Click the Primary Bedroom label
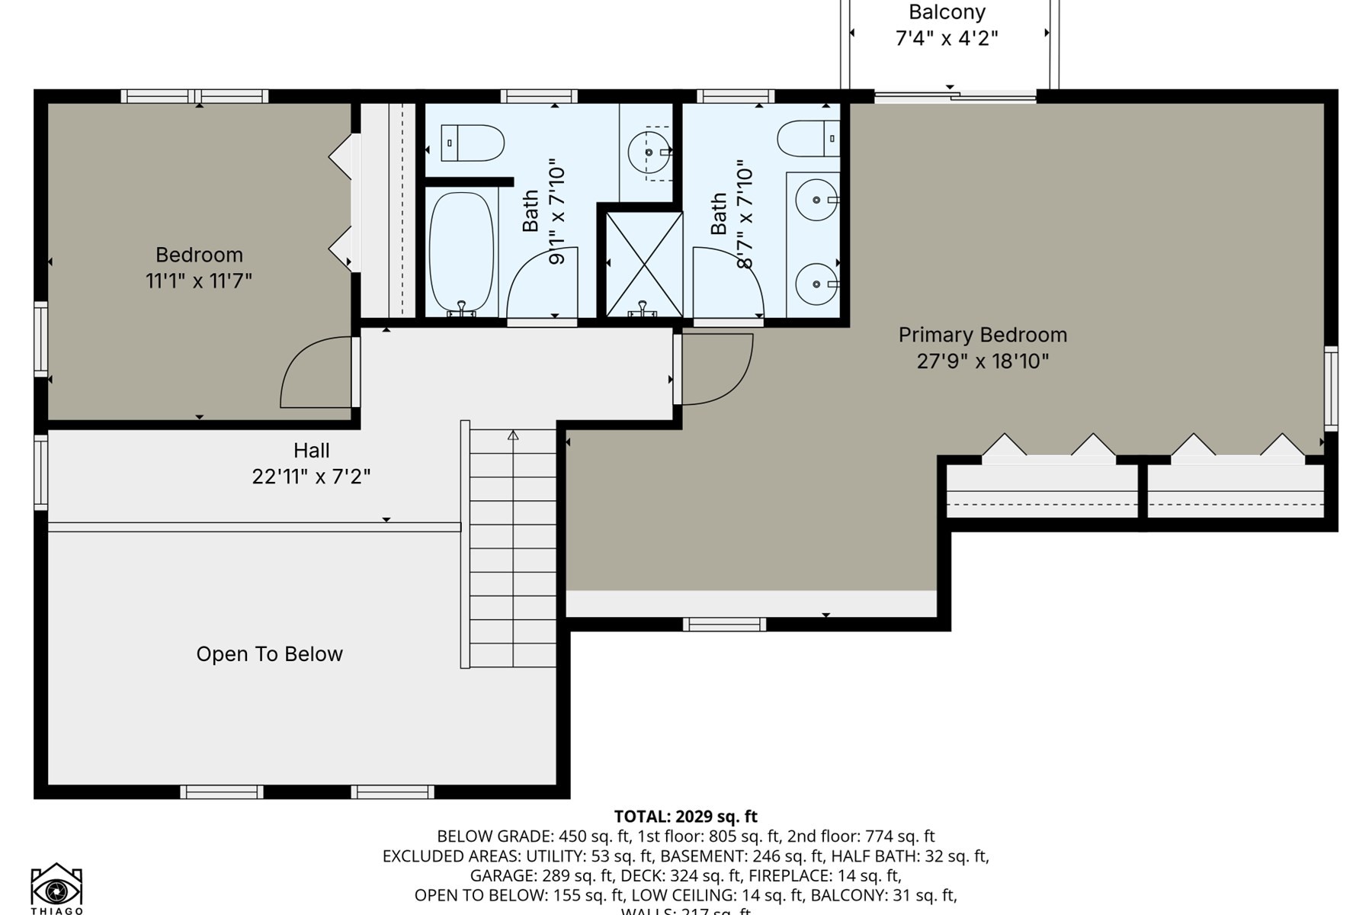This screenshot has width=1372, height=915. click(982, 335)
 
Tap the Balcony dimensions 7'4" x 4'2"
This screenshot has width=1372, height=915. click(946, 38)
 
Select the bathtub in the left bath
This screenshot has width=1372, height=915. click(460, 252)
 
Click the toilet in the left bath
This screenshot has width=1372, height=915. click(473, 143)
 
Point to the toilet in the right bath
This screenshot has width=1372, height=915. click(808, 139)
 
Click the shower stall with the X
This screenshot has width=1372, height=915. click(644, 264)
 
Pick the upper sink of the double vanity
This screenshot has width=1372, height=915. click(816, 200)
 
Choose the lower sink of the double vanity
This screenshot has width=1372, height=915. click(816, 284)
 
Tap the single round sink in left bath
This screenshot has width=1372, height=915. click(649, 152)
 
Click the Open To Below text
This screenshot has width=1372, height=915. click(269, 654)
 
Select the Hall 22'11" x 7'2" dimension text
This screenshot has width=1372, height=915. click(311, 477)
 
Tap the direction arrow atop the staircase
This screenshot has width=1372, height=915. click(513, 435)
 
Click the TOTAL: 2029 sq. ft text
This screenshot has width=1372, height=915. click(685, 817)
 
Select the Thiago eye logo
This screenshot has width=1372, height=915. click(56, 888)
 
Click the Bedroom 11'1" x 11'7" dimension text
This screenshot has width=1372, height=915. click(199, 281)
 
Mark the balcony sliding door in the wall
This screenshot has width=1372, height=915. click(954, 96)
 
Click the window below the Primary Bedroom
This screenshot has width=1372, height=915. click(723, 624)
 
